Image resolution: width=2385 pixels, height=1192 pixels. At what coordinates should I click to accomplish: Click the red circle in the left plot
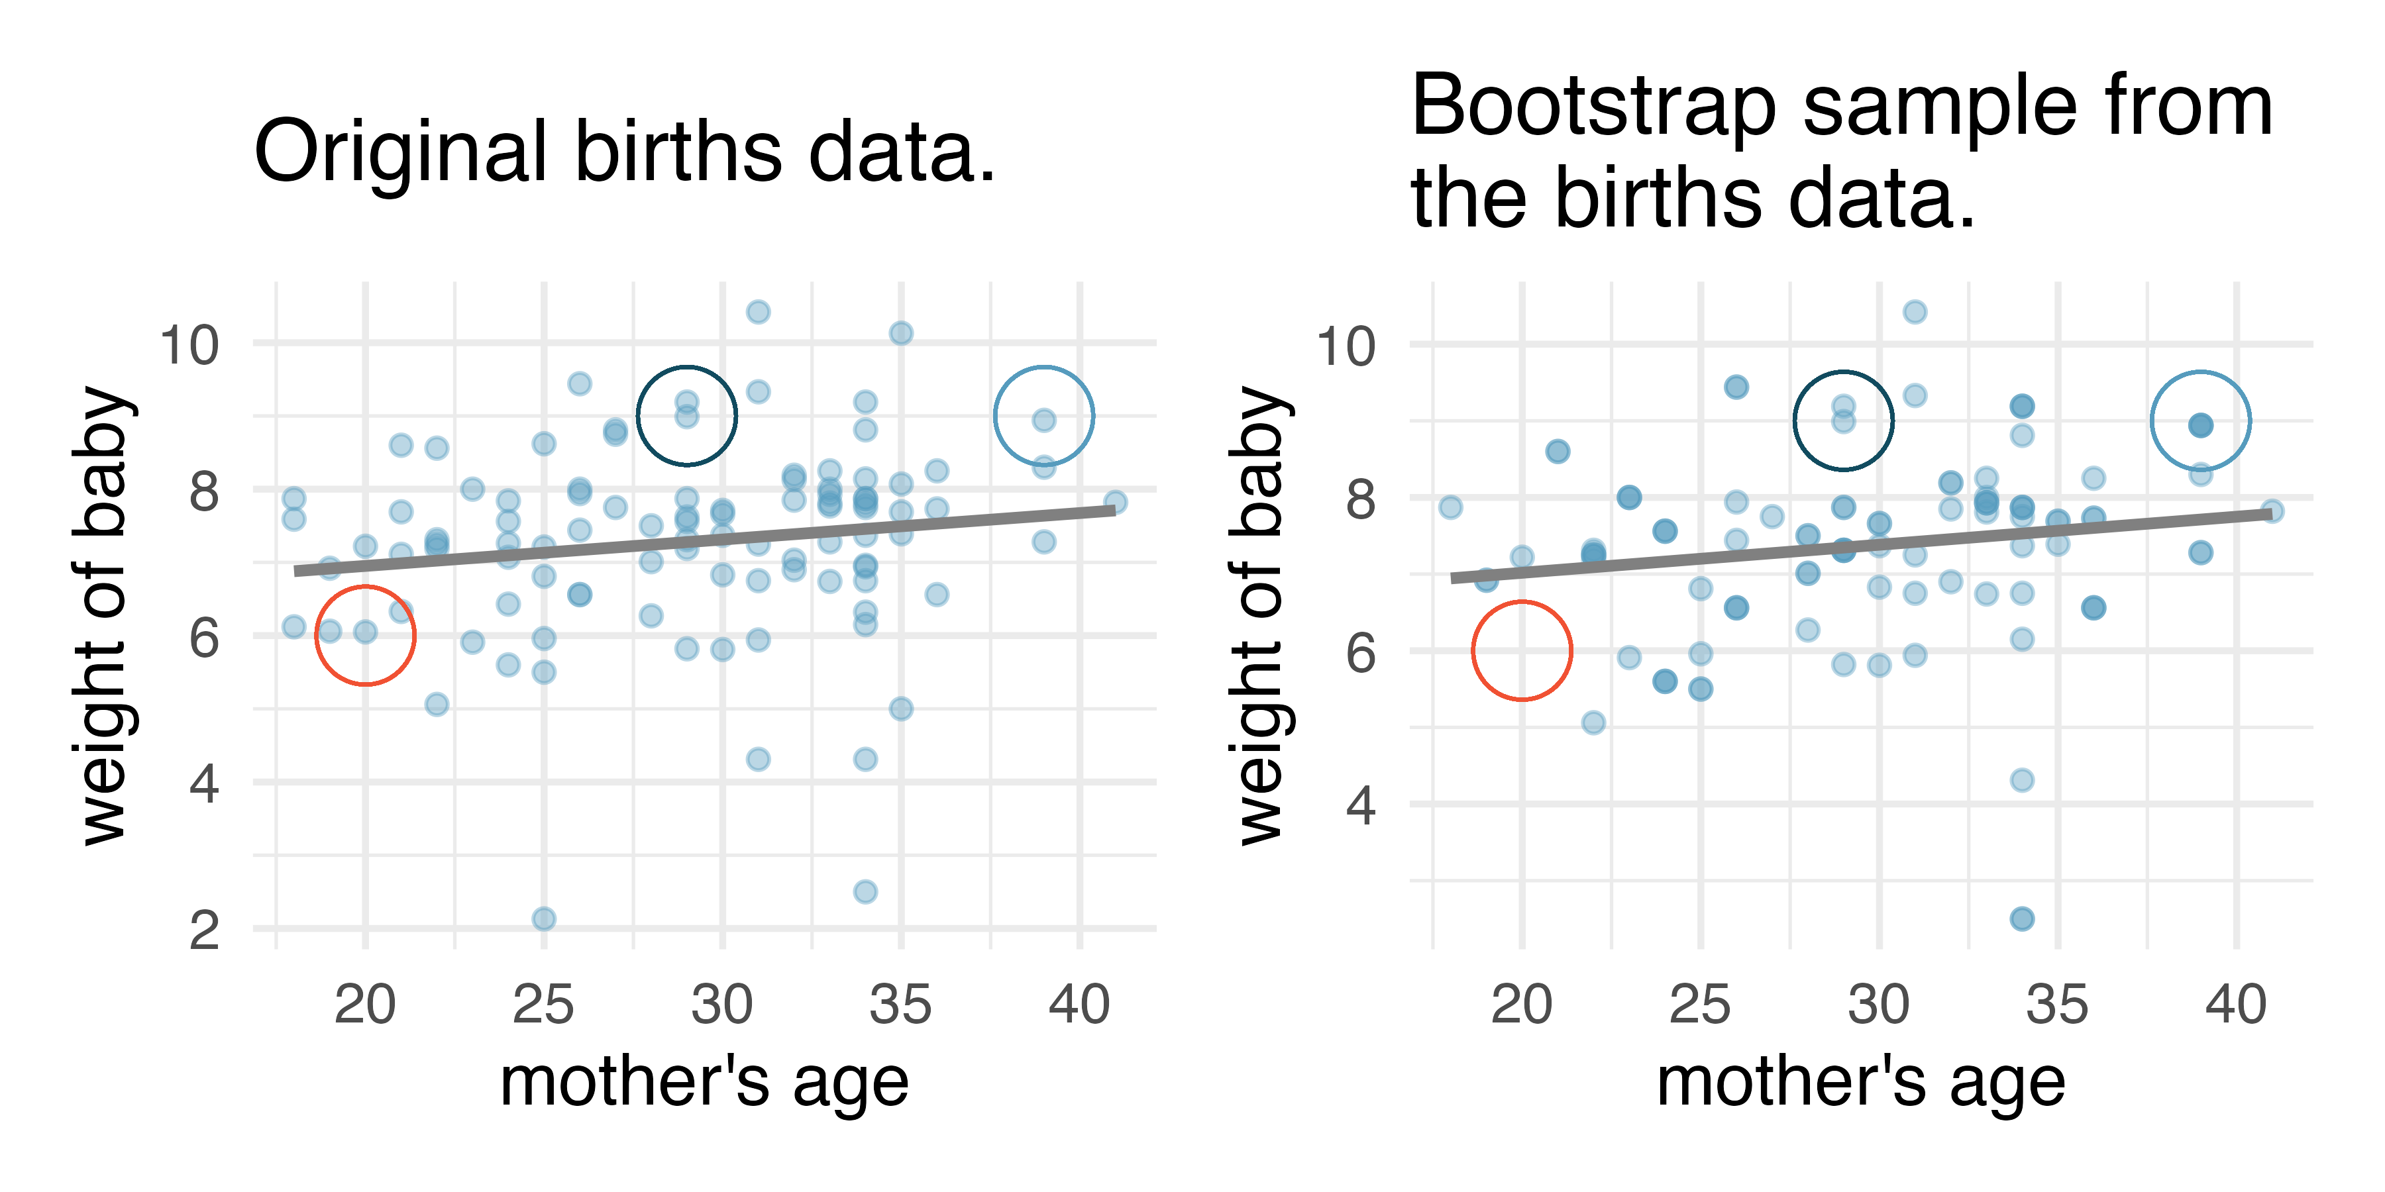click(365, 636)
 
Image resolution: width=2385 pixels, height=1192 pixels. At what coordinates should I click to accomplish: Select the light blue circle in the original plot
click(1043, 417)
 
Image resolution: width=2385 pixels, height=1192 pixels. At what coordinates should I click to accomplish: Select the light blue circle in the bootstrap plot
click(2199, 421)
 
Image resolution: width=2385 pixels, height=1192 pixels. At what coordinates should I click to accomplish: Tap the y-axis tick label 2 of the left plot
click(203, 930)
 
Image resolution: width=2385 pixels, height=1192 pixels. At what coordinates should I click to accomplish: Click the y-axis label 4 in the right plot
click(1360, 805)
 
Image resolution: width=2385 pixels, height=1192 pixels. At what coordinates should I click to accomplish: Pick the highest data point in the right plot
click(1915, 312)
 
